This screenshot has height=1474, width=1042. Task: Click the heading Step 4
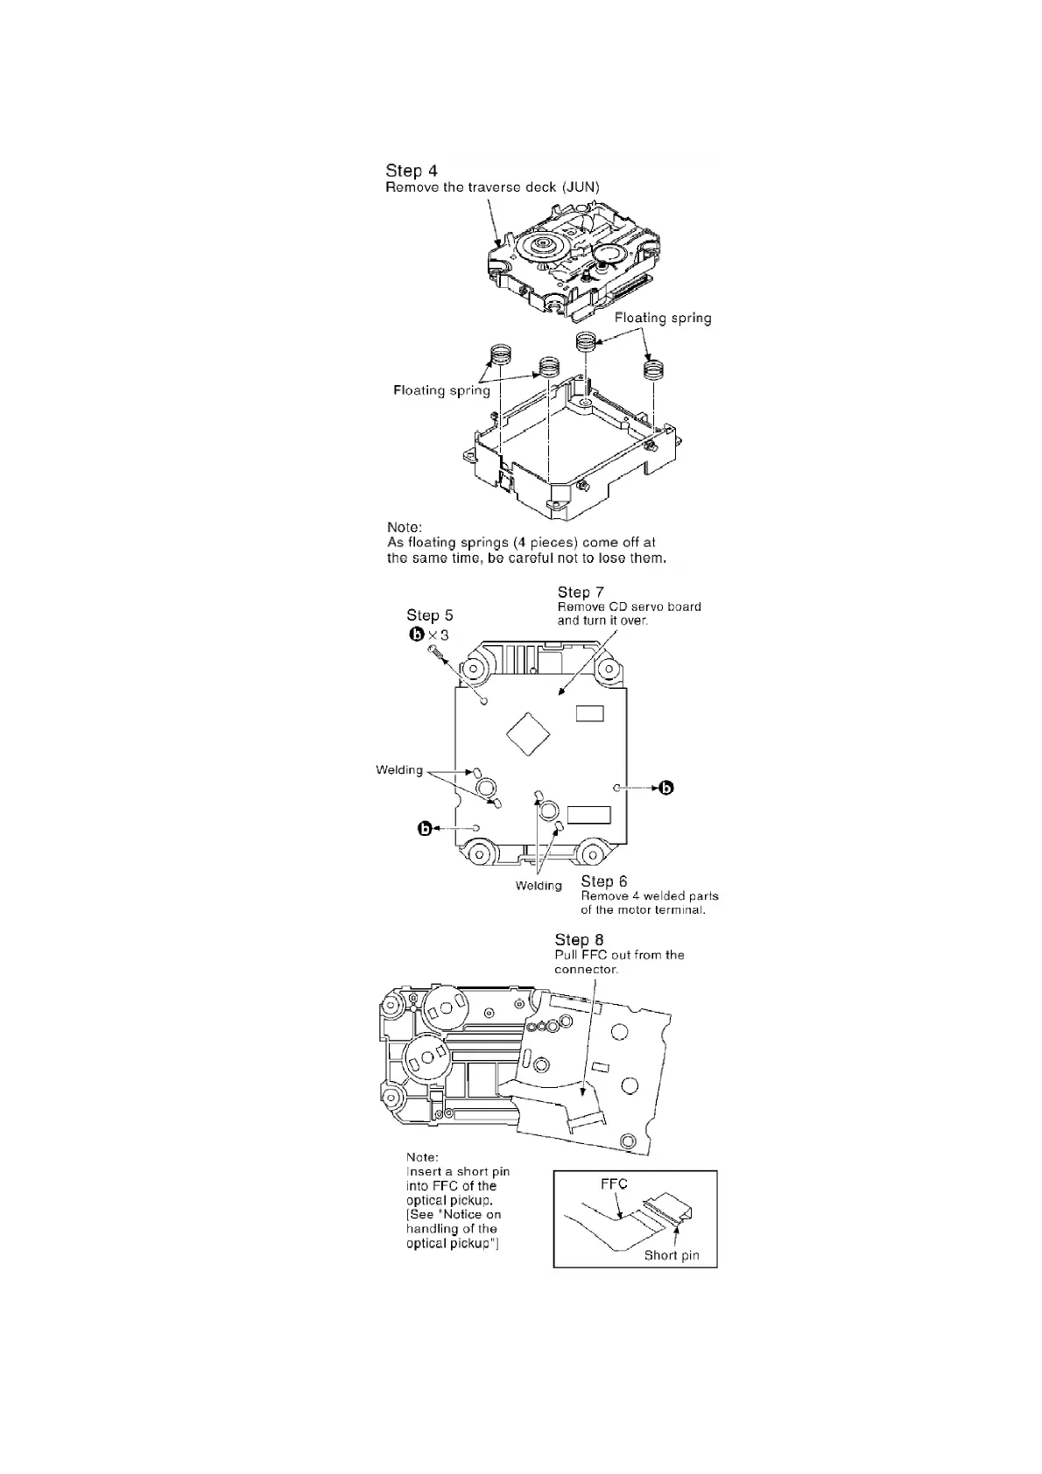click(412, 171)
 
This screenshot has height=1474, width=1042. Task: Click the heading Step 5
click(429, 616)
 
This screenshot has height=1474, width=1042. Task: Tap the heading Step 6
click(604, 881)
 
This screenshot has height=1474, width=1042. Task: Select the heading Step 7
click(581, 593)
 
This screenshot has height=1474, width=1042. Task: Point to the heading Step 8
click(579, 940)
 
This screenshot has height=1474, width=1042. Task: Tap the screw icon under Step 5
click(436, 653)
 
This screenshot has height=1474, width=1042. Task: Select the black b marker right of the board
click(666, 788)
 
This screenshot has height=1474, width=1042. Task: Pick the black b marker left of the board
click(426, 828)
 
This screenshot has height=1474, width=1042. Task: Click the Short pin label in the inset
click(672, 1255)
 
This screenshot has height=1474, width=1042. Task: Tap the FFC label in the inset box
click(614, 1184)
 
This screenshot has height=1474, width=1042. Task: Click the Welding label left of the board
click(399, 770)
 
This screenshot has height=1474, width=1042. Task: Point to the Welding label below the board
click(539, 886)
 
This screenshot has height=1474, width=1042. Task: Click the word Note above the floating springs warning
click(405, 528)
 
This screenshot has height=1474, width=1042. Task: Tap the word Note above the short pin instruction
click(423, 1157)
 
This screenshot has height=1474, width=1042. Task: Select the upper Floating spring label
click(663, 318)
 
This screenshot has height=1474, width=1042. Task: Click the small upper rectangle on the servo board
click(589, 714)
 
